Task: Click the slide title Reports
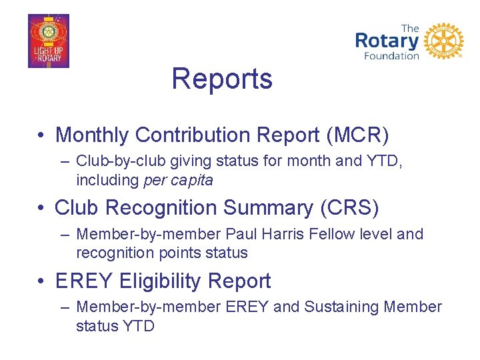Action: [222, 79]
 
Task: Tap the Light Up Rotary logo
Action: [48, 41]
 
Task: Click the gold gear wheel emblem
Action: [443, 41]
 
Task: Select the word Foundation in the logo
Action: [391, 56]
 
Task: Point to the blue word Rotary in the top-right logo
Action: [387, 41]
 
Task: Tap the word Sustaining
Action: [341, 307]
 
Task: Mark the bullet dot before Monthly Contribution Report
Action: [41, 135]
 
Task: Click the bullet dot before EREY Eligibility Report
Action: [41, 282]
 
